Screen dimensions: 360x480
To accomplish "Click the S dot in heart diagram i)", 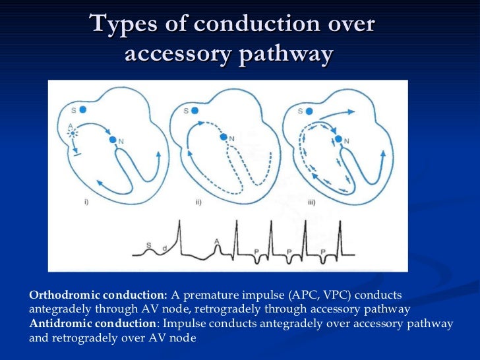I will click(x=83, y=111).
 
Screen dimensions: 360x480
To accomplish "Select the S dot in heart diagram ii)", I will click(x=196, y=111).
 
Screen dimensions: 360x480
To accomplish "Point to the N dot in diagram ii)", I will click(x=225, y=137).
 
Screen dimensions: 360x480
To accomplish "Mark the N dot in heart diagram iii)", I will click(x=338, y=139).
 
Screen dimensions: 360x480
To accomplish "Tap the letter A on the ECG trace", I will click(x=217, y=243).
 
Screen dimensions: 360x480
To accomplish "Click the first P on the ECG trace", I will click(x=256, y=251).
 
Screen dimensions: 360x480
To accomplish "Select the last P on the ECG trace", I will click(x=323, y=251).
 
